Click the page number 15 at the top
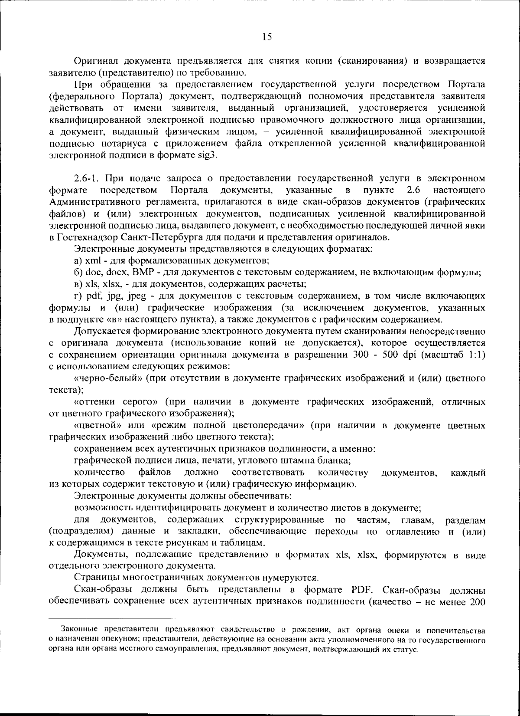(x=267, y=37)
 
